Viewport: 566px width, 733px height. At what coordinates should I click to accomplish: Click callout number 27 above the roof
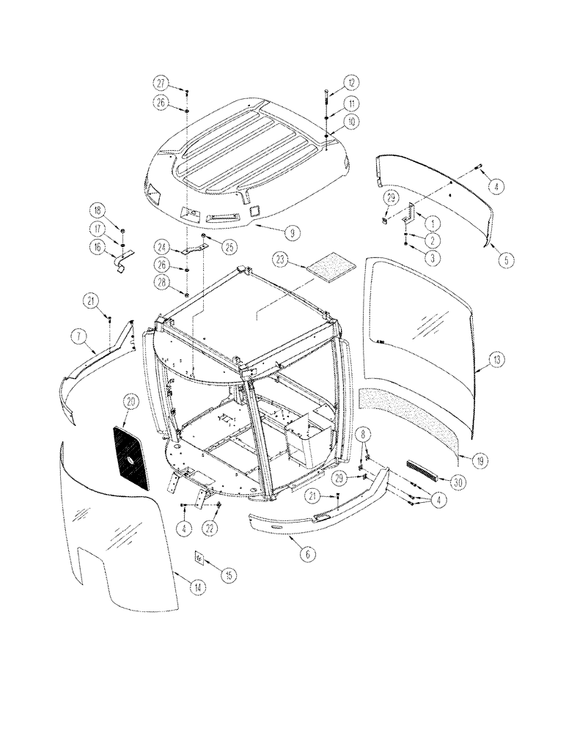click(x=161, y=82)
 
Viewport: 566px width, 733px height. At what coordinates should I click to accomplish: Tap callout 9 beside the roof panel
click(x=292, y=233)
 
